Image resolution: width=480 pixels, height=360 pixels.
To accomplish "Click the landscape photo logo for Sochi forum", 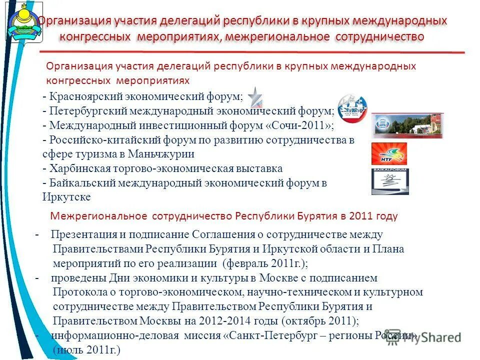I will pyautogui.click(x=407, y=125).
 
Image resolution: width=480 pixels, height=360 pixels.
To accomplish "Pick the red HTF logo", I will pyautogui.click(x=389, y=153).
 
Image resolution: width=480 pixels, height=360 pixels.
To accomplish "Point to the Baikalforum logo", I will pyautogui.click(x=390, y=181).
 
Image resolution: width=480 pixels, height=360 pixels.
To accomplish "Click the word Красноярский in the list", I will pyautogui.click(x=80, y=96).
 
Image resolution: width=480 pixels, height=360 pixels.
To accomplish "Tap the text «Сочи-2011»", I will pyautogui.click(x=306, y=125).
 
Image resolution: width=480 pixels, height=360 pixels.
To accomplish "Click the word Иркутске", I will pyautogui.click(x=66, y=197).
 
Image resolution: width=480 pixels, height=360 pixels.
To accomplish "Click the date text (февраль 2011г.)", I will pyautogui.click(x=265, y=263).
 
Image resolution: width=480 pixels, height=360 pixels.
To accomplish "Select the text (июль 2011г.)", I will pyautogui.click(x=86, y=350).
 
